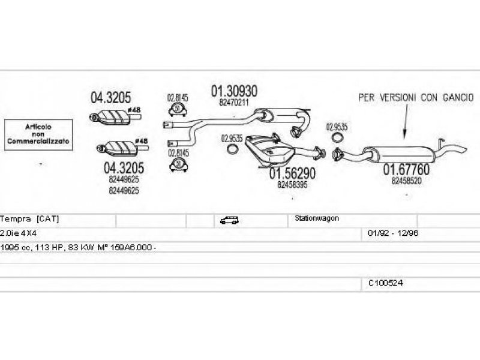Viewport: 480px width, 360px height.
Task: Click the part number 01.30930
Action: pos(234,91)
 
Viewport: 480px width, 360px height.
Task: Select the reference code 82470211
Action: pos(234,103)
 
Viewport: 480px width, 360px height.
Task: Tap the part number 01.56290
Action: pos(292,174)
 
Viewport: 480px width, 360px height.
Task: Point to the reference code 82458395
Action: pos(292,185)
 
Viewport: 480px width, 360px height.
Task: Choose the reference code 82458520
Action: pos(406,180)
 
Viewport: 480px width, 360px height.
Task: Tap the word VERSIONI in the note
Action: pos(400,97)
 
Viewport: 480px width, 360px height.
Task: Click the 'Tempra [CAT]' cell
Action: pos(30,219)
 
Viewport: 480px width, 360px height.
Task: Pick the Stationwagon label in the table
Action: pos(317,218)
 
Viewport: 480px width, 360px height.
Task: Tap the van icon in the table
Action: pos(229,220)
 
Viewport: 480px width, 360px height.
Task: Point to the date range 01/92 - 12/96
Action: pos(393,232)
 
